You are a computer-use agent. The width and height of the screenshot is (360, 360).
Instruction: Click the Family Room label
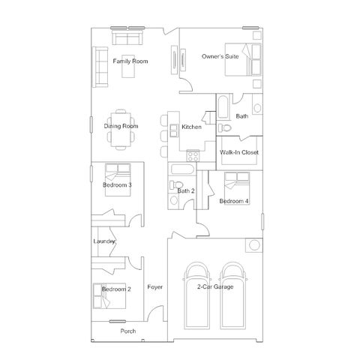130,61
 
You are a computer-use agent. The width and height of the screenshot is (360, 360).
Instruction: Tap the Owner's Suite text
220,56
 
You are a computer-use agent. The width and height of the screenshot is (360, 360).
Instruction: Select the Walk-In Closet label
239,152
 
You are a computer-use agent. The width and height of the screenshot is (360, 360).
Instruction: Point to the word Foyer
155,287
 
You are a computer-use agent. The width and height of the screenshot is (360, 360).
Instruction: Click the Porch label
128,331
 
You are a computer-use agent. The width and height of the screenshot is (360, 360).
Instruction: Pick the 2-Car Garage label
215,286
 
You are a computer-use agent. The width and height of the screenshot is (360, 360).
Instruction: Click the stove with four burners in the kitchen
193,156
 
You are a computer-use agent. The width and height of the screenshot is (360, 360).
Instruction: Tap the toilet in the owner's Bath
224,128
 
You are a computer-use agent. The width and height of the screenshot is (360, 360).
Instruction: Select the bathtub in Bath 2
182,169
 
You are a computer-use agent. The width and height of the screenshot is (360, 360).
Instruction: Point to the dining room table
121,130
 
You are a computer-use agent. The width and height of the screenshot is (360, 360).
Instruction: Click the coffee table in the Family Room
128,66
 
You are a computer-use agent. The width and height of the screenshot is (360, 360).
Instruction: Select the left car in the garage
196,295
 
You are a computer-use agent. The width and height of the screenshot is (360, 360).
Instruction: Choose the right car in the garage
232,295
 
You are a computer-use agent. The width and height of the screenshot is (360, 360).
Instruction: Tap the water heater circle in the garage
254,245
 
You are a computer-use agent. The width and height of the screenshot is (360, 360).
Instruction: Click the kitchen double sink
173,130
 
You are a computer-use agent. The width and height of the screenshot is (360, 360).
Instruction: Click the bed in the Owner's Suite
243,59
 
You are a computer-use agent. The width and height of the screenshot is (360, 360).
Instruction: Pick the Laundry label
104,241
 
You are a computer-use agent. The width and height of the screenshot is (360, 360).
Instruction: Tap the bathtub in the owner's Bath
223,106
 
